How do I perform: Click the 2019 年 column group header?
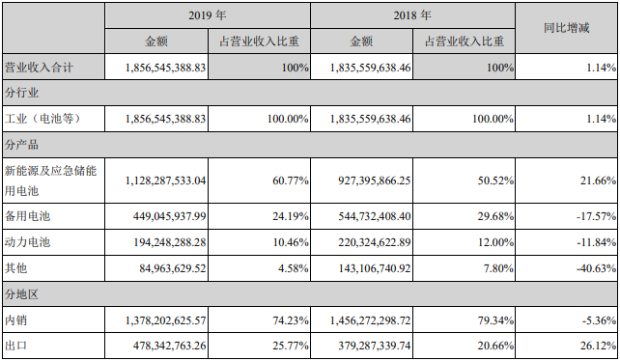click(207, 16)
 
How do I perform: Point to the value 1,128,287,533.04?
click(168, 179)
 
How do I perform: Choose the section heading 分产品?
click(20, 144)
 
